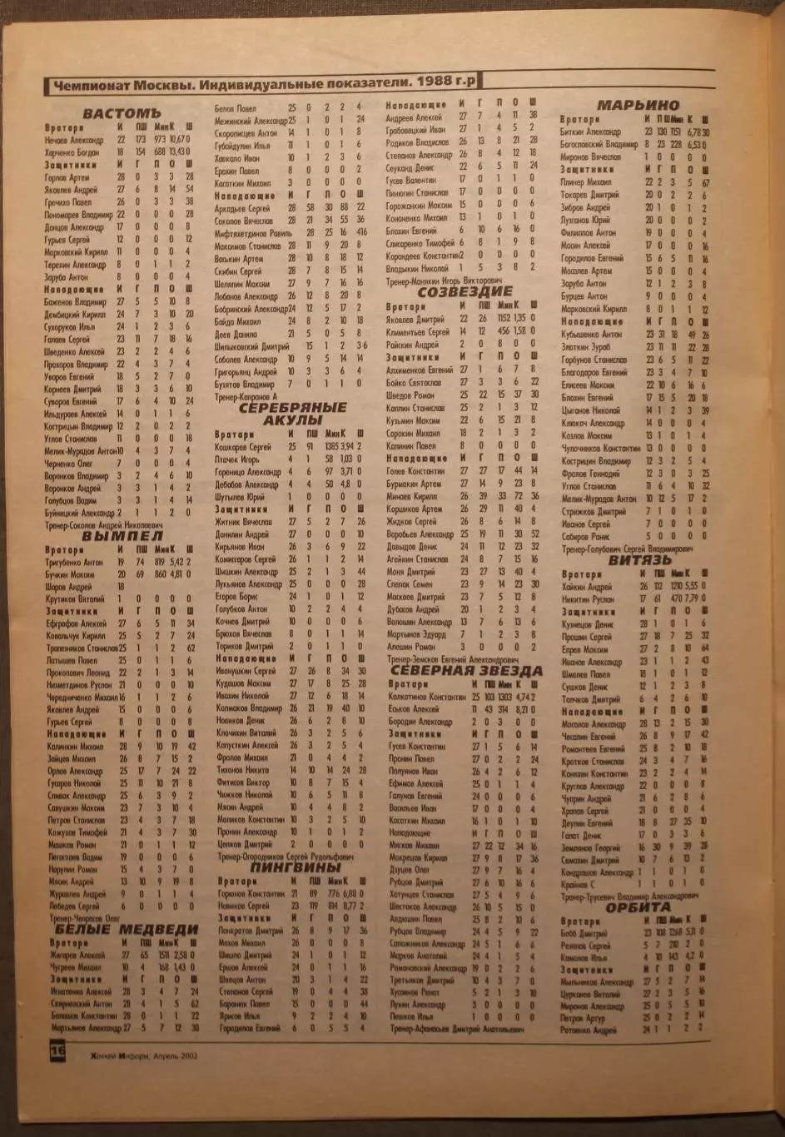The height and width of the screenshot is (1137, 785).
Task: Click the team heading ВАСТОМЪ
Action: [x=121, y=112]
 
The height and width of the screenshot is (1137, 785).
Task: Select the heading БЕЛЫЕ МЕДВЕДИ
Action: [x=127, y=929]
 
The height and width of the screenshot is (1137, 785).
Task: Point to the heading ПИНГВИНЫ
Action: [x=296, y=867]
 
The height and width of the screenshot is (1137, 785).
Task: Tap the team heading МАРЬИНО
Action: [x=638, y=105]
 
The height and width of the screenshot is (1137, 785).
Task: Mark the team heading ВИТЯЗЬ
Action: [x=639, y=560]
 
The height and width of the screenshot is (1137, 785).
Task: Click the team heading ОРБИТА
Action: [x=638, y=907]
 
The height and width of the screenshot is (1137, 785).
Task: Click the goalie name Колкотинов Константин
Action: [x=426, y=696]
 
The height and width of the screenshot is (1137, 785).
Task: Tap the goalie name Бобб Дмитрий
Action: [x=584, y=934]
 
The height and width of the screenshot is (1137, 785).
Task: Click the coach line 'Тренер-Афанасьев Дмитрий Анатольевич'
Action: [x=457, y=1030]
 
